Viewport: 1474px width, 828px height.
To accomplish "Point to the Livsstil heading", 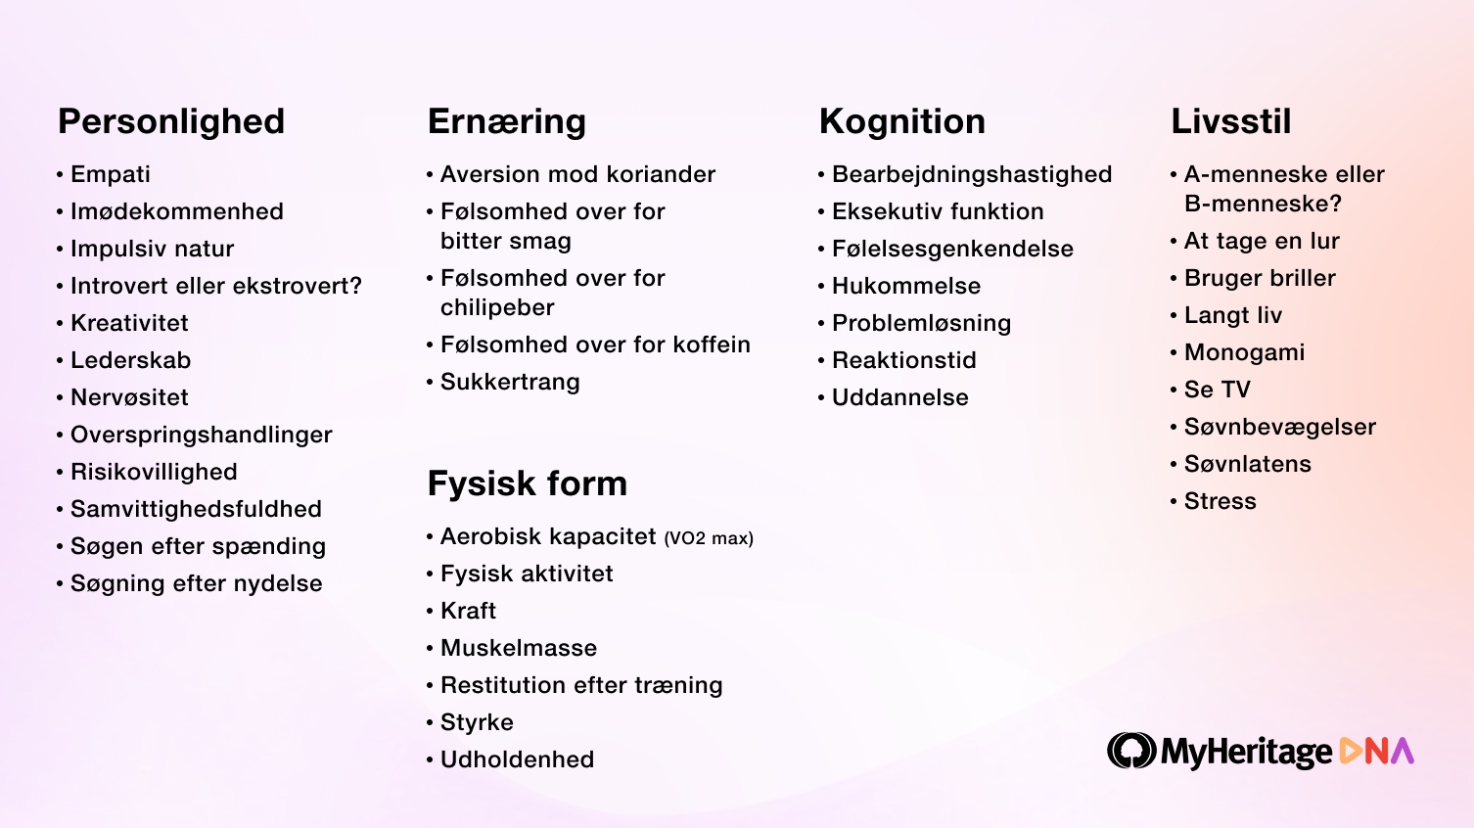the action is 1231,121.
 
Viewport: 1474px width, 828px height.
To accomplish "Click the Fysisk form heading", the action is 528,484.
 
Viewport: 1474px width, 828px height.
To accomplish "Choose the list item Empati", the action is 111,175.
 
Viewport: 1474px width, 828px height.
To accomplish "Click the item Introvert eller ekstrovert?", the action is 216,287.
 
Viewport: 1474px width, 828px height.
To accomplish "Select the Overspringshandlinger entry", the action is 202,436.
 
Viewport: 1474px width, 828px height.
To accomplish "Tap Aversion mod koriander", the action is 577,174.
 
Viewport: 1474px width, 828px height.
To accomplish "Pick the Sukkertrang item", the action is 510,383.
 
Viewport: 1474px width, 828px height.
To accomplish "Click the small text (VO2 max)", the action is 709,539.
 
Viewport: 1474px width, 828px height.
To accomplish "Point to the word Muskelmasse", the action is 519,648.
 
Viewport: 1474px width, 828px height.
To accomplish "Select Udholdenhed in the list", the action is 517,759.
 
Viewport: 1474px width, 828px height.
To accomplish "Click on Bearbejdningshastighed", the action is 972,175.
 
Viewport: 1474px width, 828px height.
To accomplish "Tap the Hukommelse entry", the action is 906,287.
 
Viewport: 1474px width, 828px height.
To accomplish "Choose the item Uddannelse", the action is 900,397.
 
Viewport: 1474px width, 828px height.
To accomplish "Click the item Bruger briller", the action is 1260,279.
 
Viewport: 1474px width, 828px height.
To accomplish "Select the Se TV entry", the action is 1218,390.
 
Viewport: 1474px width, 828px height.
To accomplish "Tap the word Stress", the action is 1220,501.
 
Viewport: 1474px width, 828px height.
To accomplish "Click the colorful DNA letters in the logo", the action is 1376,751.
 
